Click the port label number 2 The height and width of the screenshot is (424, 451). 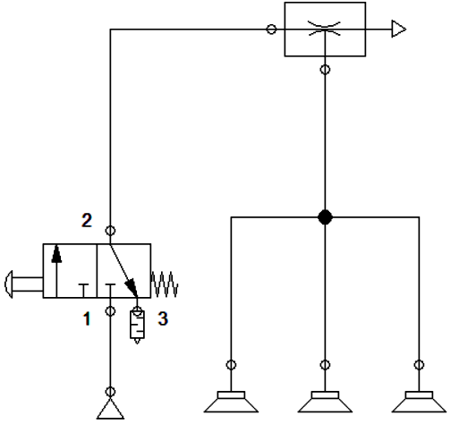pos(87,220)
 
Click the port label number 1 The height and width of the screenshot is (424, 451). pos(87,318)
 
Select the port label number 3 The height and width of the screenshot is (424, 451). pos(163,318)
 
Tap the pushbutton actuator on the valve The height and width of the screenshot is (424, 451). pos(23,284)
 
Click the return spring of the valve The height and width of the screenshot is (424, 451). pos(165,284)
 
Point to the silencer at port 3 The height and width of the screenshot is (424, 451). pos(137,326)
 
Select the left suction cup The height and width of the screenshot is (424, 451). pos(231,402)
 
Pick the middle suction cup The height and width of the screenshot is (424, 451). pos(325,402)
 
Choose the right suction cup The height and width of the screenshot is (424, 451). pos(419,402)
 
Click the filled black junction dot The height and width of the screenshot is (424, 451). pos(325,217)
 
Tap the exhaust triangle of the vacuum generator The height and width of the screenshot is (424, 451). pos(399,29)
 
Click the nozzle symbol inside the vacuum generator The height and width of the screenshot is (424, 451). pos(324,29)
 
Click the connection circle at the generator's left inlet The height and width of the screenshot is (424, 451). pos(271,30)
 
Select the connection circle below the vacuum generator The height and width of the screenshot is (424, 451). pos(325,70)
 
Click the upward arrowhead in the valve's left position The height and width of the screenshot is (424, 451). pos(56,254)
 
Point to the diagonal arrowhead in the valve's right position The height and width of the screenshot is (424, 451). pos(132,287)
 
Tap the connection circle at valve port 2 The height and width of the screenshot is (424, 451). pos(110,231)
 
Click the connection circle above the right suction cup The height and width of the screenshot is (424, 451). pos(419,365)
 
